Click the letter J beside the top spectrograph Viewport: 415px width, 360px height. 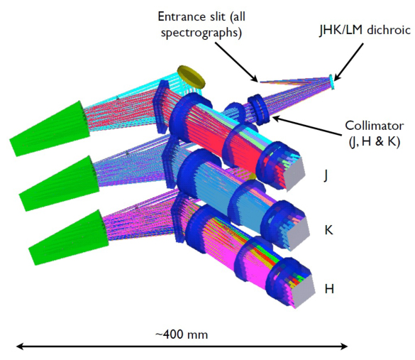(326, 175)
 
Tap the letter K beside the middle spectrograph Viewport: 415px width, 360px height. (328, 230)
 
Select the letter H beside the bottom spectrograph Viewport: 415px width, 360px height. (329, 288)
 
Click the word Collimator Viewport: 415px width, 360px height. (375, 126)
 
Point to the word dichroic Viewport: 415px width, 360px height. (389, 31)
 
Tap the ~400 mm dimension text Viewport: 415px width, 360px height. (182, 334)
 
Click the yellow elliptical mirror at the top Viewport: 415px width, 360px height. (192, 77)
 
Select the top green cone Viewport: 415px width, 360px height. (50, 129)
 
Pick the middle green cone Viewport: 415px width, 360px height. (60, 184)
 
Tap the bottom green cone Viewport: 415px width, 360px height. (69, 238)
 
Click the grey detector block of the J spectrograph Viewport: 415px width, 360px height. (294, 173)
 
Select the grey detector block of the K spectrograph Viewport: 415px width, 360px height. (299, 233)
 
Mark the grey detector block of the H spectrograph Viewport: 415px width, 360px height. (304, 291)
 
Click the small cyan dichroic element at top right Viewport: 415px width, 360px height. (331, 82)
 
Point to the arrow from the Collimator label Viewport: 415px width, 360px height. (307, 126)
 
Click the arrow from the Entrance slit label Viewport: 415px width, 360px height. (236, 62)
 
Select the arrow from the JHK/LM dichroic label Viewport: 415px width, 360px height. (348, 62)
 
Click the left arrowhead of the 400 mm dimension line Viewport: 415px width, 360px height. (20, 347)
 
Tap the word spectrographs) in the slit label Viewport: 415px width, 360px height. (201, 33)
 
